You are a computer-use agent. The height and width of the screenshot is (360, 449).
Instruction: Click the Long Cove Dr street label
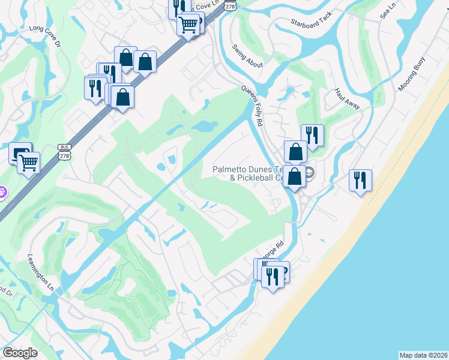[x=45, y=28]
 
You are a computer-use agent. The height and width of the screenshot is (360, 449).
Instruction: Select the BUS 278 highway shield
[x=65, y=151]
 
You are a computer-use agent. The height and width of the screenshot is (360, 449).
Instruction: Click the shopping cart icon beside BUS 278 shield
[x=29, y=161]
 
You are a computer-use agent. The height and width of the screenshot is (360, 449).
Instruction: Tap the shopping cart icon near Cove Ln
[x=188, y=25]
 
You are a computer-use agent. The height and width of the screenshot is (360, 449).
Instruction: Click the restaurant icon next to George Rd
[x=273, y=277]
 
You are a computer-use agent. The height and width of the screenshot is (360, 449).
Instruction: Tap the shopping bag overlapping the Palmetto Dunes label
[x=295, y=176]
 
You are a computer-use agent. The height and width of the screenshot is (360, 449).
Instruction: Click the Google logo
[x=20, y=353]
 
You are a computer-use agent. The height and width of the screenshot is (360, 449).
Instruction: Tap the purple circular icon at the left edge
[x=2, y=193]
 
